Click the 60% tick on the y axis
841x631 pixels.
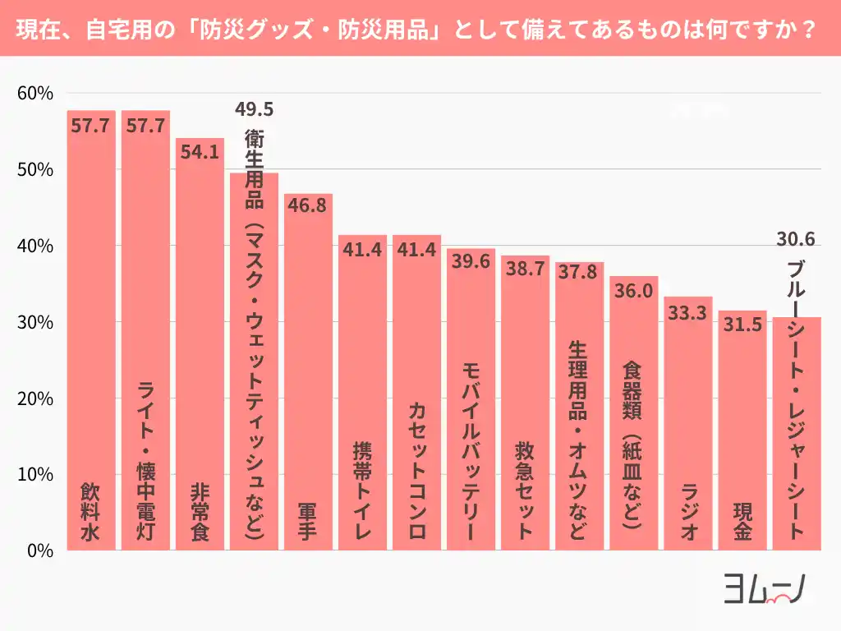35,94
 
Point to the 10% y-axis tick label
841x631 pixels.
35,475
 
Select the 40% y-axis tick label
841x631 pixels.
35,246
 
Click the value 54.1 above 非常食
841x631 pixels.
200,154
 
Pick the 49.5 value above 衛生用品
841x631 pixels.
254,109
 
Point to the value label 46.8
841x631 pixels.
308,205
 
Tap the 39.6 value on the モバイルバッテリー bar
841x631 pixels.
471,261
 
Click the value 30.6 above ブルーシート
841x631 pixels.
796,240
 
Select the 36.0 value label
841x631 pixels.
633,290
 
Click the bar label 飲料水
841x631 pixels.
91,511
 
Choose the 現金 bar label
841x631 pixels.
742,523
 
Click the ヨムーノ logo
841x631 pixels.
763,588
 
